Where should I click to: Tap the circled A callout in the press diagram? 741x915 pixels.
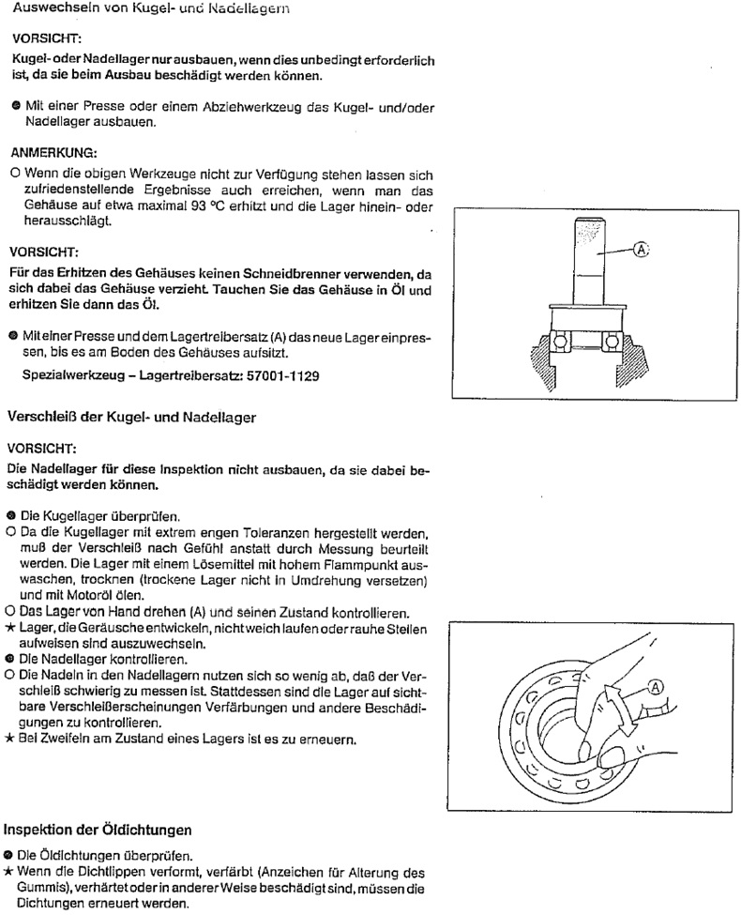tap(642, 251)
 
